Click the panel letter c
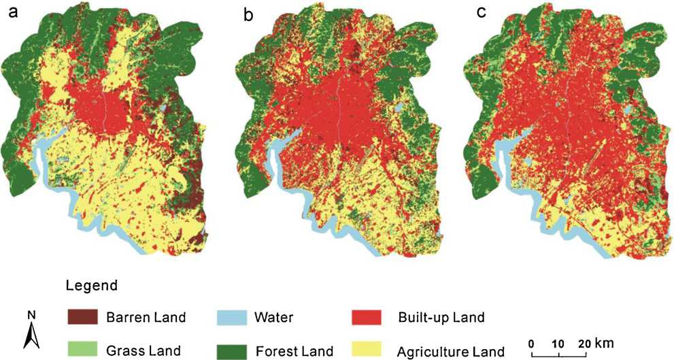pyautogui.click(x=481, y=12)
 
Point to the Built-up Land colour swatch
pyautogui.click(x=367, y=317)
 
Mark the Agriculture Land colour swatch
pyautogui.click(x=367, y=350)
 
